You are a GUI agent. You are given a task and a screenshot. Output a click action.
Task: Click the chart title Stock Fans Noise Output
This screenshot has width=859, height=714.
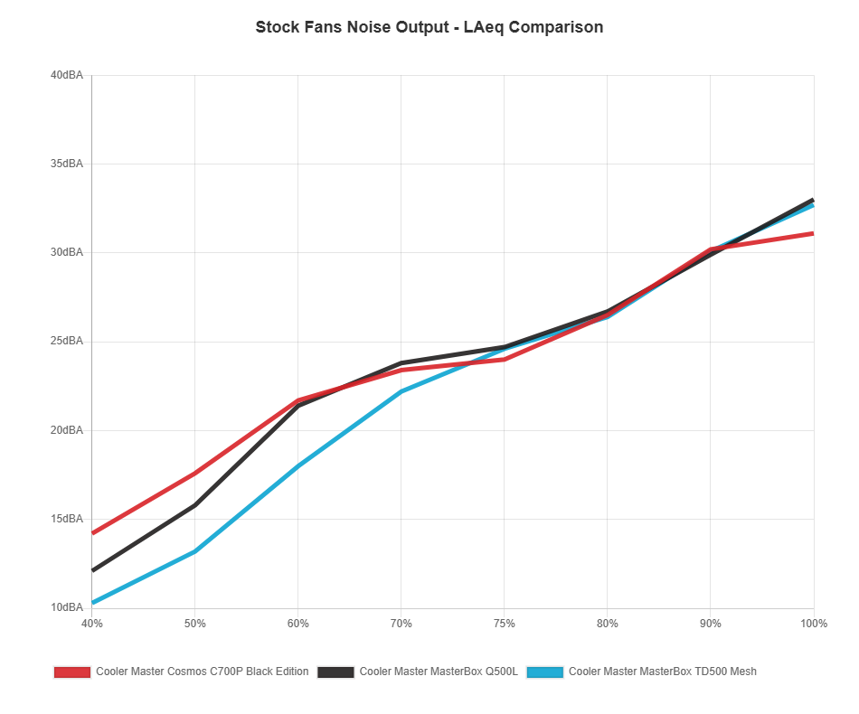429,27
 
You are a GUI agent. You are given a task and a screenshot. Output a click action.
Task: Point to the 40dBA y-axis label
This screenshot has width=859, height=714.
67,75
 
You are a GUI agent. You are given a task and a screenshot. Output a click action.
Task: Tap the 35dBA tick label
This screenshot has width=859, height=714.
67,164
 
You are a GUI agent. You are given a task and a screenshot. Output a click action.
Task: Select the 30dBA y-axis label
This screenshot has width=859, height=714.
67,252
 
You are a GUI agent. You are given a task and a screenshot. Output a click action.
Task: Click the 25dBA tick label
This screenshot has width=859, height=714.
67,341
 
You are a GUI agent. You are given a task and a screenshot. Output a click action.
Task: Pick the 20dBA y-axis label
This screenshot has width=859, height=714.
67,430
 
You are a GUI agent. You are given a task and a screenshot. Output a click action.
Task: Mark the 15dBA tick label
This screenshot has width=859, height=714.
67,519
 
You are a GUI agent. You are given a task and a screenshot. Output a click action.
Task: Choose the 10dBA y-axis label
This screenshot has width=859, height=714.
67,607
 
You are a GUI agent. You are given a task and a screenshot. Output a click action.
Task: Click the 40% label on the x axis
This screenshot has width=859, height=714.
91,624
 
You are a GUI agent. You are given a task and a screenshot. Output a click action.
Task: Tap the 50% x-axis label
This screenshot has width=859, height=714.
194,624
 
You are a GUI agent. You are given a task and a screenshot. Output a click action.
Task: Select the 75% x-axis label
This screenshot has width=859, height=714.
505,624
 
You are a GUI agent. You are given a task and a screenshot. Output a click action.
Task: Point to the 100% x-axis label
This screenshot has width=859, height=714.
814,624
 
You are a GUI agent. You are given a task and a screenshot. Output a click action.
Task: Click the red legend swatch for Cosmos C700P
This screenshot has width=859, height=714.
72,672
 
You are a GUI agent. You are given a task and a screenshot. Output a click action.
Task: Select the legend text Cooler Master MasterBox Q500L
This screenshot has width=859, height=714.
439,672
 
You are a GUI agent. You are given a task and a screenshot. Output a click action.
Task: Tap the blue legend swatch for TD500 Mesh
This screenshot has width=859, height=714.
545,672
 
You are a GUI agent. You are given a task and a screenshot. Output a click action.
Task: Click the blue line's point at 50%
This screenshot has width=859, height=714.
194,551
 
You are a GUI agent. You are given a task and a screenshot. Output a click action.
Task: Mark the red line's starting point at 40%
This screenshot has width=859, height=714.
92,533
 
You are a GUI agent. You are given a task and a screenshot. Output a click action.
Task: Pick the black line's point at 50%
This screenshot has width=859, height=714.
194,504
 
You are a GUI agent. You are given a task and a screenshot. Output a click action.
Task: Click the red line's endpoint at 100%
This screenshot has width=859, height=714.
813,233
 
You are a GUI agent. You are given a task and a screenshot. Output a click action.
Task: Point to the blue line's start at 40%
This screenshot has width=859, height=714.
92,603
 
